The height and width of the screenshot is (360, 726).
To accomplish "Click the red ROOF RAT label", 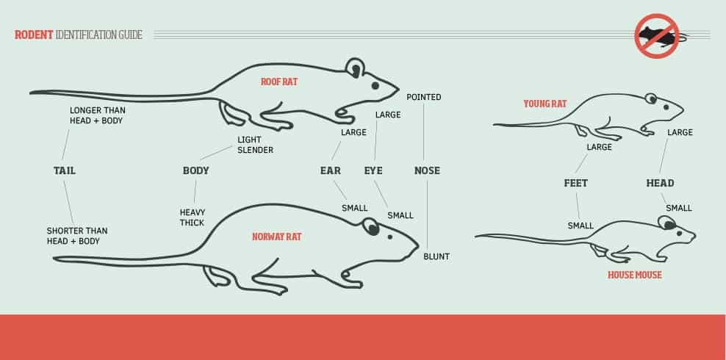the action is point(279,82).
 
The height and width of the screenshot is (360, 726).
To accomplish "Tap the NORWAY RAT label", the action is point(277,237).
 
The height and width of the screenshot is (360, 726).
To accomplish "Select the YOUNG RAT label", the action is point(545,104).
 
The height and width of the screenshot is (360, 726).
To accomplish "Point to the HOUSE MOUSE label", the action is point(635,275).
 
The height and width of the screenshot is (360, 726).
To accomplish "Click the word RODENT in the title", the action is point(34,35).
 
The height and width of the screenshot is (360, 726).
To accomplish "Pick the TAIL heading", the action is point(65,170).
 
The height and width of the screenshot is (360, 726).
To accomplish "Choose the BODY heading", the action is point(196,170).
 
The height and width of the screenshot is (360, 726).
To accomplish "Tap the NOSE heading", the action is point(428,170).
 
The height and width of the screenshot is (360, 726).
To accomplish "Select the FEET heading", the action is point(576,183).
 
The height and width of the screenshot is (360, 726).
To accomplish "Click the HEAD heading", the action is point(661,183).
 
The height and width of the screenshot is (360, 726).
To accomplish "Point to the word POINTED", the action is point(424,97).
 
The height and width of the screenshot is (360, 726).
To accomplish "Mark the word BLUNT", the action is point(436,256).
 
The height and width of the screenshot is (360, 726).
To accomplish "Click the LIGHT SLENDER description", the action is point(255,145).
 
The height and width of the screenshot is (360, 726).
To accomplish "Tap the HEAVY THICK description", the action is point(193,217).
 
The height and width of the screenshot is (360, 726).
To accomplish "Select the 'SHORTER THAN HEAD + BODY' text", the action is point(77,236).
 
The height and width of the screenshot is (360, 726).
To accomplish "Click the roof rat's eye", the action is point(375,86).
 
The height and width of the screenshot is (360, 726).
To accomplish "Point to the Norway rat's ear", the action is point(371,227).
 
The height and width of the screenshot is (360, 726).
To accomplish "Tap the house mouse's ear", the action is point(667,223).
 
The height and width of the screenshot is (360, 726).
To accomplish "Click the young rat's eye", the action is point(666,107).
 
